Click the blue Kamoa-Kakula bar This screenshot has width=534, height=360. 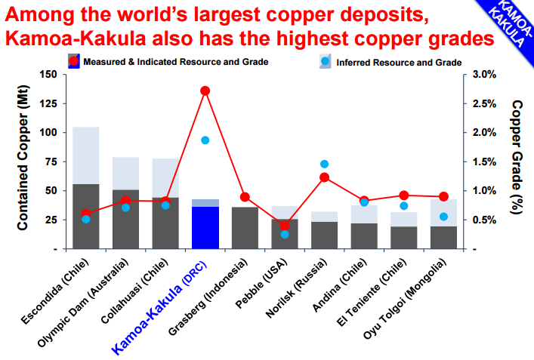coord(205,227)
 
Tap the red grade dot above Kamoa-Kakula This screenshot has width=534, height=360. coord(205,91)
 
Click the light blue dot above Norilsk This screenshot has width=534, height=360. coord(324,164)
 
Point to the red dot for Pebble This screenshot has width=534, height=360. coord(284,225)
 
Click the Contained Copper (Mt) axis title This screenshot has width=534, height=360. coord(23,162)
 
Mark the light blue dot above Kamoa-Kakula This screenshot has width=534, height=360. coord(205,140)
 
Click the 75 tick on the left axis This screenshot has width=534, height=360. coord(50,161)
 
